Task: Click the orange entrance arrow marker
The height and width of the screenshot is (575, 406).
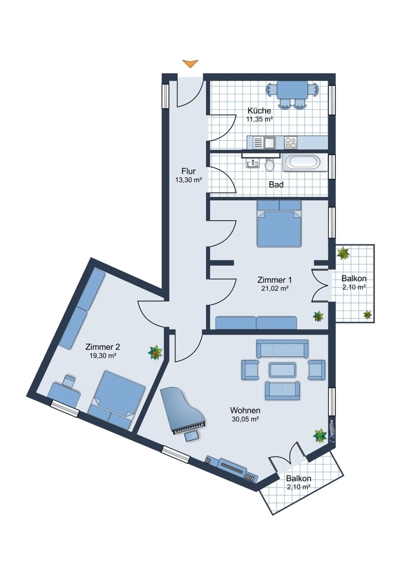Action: point(190,63)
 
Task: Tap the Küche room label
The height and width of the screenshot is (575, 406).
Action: point(259,110)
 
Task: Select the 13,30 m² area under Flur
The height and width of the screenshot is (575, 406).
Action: point(189,179)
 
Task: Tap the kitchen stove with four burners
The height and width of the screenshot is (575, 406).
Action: point(291,142)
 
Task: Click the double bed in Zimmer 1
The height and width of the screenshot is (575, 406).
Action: point(279,223)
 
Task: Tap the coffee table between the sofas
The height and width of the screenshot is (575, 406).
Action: point(282,370)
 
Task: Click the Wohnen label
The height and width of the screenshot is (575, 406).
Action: point(245,411)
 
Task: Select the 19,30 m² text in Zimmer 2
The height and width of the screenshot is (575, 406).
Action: point(103,355)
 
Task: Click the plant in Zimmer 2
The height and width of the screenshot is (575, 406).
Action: point(155,352)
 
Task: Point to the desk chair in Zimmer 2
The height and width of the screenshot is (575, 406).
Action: point(69,380)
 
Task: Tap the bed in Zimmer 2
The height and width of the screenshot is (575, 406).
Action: point(117,400)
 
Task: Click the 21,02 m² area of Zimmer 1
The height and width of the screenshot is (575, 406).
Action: point(275,288)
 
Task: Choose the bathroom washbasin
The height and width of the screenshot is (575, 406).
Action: point(253,163)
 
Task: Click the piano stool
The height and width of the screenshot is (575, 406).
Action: point(192,436)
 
